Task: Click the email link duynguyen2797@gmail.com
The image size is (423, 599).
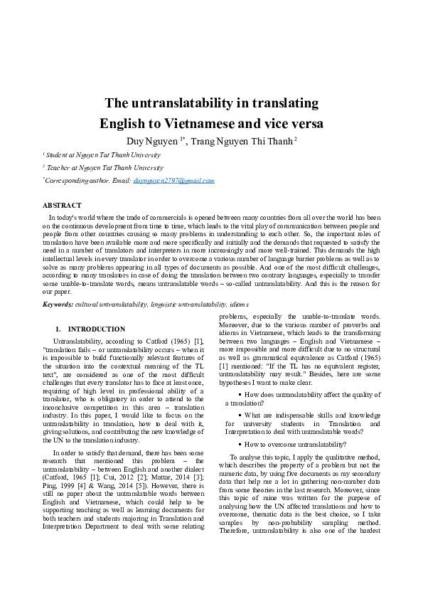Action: click(x=173, y=181)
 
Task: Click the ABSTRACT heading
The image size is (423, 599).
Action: click(x=62, y=206)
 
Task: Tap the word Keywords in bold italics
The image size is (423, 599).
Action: click(x=57, y=304)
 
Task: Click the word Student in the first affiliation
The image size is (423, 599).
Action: click(x=58, y=154)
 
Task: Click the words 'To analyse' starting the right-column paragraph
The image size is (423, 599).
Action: click(x=245, y=456)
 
